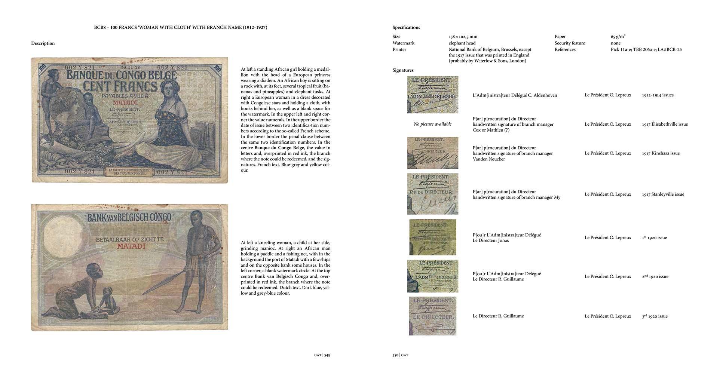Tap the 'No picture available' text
(432, 124)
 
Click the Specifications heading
(406, 27)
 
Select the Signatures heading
(403, 70)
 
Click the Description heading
(43, 43)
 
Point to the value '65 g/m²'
(618, 37)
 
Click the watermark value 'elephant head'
(462, 43)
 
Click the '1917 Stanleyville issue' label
(663, 194)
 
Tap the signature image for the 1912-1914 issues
(432, 95)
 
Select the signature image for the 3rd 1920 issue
(432, 316)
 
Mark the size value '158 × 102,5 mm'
(463, 37)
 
